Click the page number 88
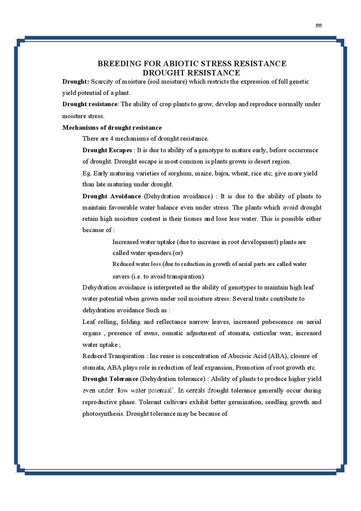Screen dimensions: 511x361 [x=319, y=25]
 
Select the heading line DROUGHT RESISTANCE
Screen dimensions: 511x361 [x=191, y=73]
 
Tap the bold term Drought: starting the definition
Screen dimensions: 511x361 [x=75, y=82]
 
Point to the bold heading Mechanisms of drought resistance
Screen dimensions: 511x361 [x=112, y=128]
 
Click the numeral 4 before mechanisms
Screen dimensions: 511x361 [x=112, y=139]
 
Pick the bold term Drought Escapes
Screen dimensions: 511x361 [x=107, y=150]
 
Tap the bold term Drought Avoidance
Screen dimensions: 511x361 [x=112, y=196]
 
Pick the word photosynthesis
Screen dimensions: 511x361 [x=103, y=414]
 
